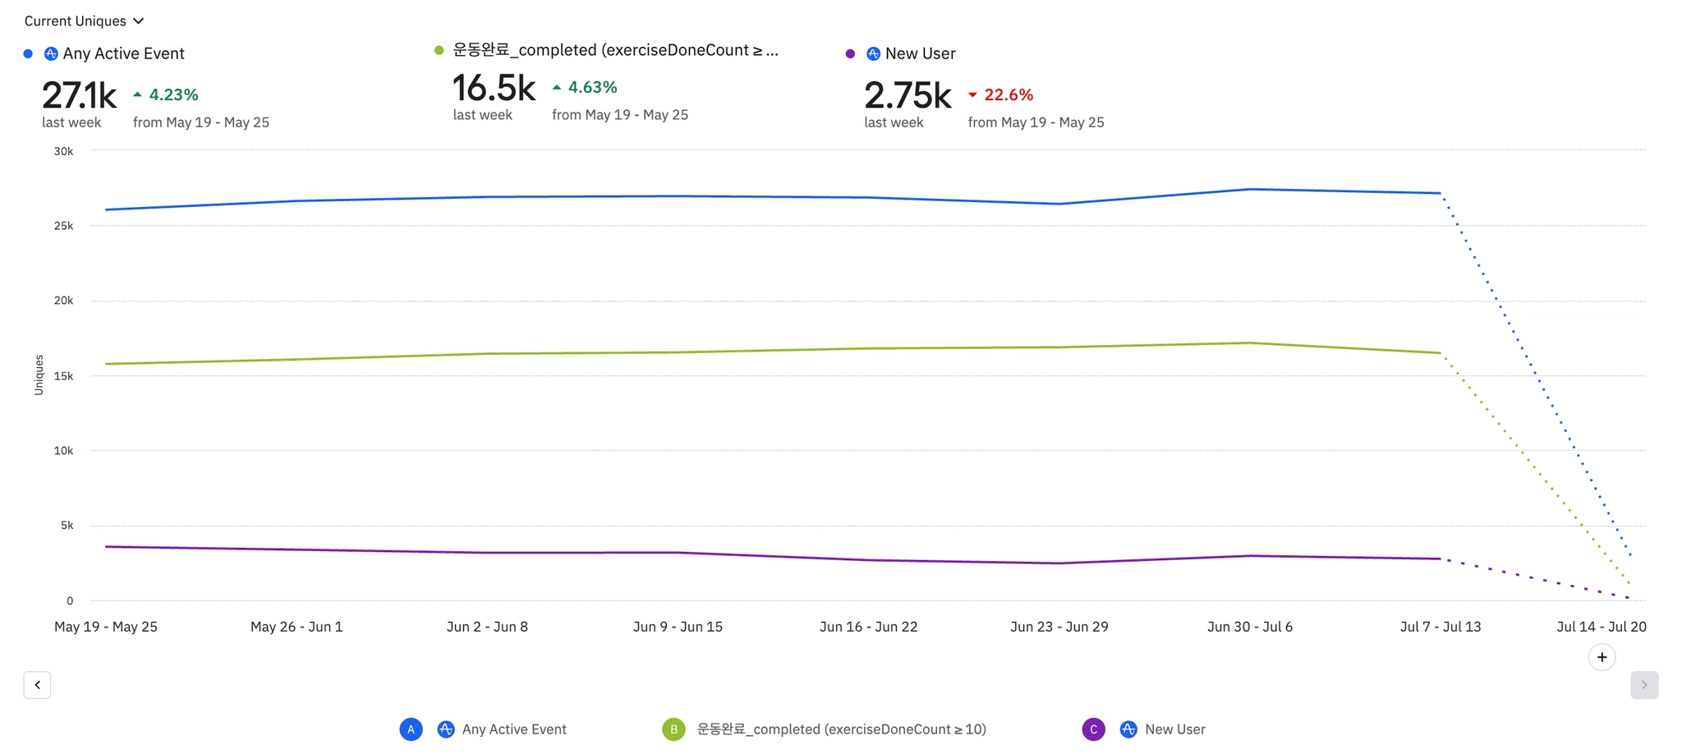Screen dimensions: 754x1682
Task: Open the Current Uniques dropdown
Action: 84,21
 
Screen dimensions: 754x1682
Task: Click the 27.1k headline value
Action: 79,96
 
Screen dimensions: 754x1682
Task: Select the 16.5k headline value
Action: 494,89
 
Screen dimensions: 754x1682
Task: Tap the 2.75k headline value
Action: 907,96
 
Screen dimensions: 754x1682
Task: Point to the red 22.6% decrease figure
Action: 1008,95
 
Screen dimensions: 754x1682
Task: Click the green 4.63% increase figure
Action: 591,88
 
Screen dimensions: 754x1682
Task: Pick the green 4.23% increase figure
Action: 172,95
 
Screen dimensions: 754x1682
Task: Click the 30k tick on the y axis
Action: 63,151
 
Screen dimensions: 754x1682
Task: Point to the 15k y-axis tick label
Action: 63,376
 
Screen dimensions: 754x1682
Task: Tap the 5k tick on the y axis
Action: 67,526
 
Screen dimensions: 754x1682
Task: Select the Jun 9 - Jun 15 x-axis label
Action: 678,627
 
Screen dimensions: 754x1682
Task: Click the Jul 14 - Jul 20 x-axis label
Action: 1601,627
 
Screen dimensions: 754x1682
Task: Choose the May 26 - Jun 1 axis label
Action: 296,627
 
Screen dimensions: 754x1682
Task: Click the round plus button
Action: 1602,657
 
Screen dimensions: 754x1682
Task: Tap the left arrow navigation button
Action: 37,685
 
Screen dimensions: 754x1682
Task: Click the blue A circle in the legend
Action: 411,729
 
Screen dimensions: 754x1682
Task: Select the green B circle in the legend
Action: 673,729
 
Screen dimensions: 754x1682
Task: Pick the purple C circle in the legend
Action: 1093,729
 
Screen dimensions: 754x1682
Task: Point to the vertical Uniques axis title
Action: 39,375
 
